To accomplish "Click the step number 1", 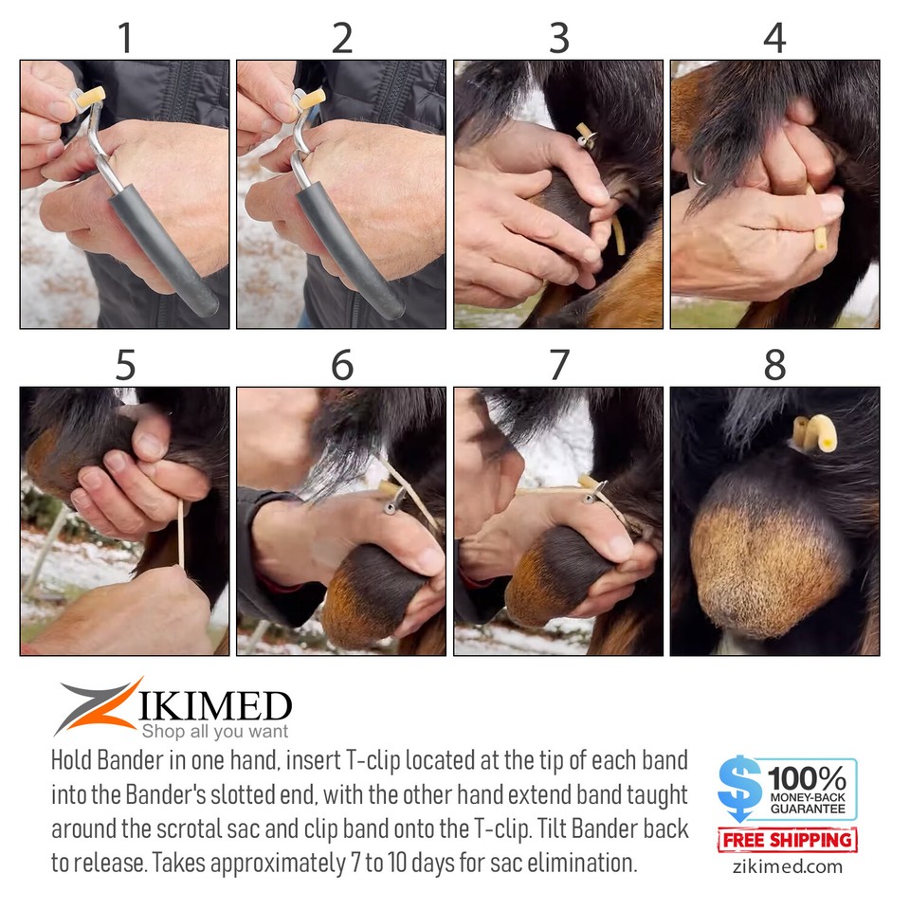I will pyautogui.click(x=124, y=38).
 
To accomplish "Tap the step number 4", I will pyautogui.click(x=774, y=38).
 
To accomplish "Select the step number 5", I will pyautogui.click(x=124, y=365).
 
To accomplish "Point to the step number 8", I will pyautogui.click(x=774, y=365).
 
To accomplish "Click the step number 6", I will pyautogui.click(x=341, y=365).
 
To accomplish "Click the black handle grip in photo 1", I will pyautogui.click(x=161, y=251).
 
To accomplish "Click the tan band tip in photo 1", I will pyautogui.click(x=91, y=96).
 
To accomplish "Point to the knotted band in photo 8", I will pyautogui.click(x=816, y=432).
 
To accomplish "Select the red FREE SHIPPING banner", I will pyautogui.click(x=787, y=840).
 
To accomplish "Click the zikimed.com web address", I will pyautogui.click(x=787, y=866).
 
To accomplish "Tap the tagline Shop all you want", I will pyautogui.click(x=214, y=731).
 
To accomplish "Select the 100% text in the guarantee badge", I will pyautogui.click(x=807, y=779).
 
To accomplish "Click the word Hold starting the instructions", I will pyautogui.click(x=76, y=761).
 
